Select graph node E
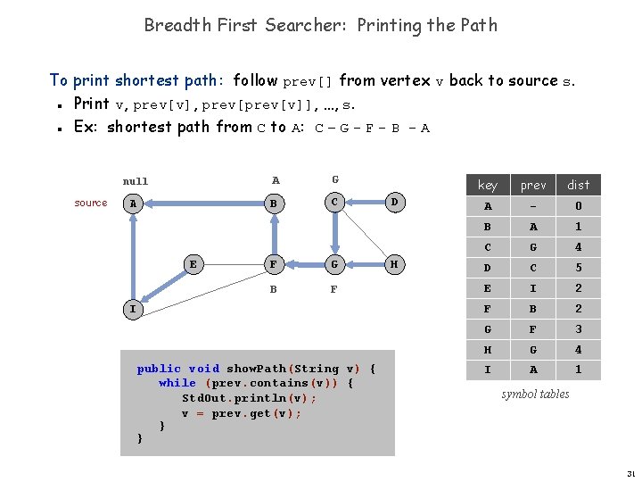pos(193,263)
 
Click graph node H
pos(393,263)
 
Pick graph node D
pos(393,203)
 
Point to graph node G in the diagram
pos(334,263)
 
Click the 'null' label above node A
pos(136,181)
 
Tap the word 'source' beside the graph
pos(91,203)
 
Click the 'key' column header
pos(488,185)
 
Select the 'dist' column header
pos(579,185)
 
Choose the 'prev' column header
pos(533,185)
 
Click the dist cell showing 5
pos(579,268)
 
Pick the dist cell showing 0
pos(579,206)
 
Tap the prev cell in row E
pos(533,288)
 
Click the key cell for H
pos(488,350)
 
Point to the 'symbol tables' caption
pos(535,394)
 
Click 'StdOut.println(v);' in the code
pos(249,398)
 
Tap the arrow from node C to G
pos(334,232)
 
